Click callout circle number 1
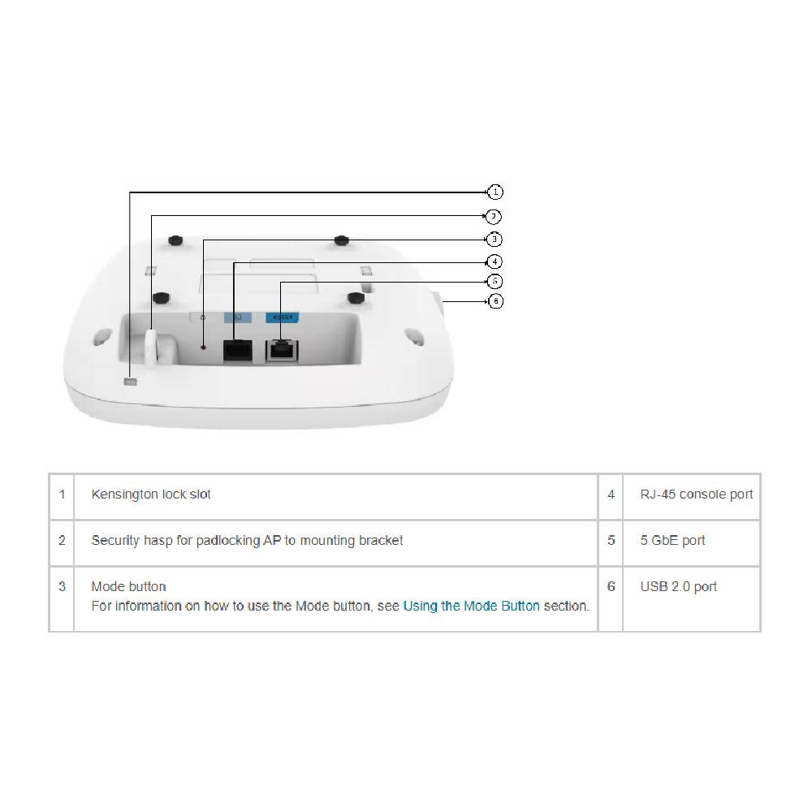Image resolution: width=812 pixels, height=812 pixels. point(495,192)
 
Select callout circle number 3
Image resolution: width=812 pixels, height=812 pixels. point(495,240)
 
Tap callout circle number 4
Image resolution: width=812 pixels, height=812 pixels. point(495,261)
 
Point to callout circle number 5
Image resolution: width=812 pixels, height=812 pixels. point(495,281)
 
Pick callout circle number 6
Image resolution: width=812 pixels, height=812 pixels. point(495,301)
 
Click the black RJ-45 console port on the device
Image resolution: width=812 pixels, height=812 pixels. point(237,349)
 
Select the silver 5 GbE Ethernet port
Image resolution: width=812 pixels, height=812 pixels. point(281,350)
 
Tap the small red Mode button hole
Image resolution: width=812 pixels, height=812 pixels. point(204,348)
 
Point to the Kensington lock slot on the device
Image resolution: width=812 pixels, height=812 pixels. point(130,382)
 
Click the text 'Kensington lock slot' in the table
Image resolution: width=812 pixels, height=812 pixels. point(151,495)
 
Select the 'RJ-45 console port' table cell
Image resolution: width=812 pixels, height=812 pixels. point(696,495)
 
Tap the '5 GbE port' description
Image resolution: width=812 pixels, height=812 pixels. point(672,541)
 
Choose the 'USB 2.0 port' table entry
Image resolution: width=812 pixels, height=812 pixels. point(678,587)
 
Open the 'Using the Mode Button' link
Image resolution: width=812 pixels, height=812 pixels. point(471,606)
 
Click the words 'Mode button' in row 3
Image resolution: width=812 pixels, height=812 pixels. point(128,587)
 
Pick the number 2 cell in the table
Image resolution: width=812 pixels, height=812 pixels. point(62,541)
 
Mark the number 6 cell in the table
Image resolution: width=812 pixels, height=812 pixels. point(611,587)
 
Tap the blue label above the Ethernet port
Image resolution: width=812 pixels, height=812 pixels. point(281,317)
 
